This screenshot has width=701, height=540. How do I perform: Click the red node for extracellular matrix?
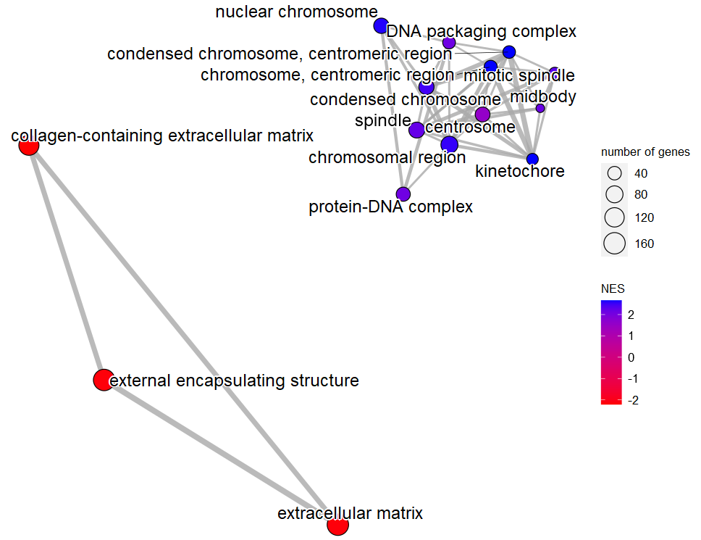coord(337,525)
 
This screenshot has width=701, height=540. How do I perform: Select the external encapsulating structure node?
coord(104,380)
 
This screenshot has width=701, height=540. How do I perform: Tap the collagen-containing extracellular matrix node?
coord(28,146)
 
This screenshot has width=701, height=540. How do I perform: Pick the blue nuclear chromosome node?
coord(381,26)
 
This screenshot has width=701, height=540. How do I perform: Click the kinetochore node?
coord(532,159)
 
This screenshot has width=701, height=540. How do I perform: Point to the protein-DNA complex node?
coord(403,194)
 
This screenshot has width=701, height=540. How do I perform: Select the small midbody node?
coord(540,108)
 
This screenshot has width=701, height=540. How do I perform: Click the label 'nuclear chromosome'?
coord(297,12)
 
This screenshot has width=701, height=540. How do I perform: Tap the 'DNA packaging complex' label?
coord(482,31)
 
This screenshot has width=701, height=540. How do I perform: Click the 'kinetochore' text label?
coord(519,172)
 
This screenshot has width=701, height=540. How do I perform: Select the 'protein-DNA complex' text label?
coord(391,207)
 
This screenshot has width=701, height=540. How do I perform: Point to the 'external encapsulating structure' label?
coord(234,381)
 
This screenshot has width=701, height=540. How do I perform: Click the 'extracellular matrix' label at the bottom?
coord(350,514)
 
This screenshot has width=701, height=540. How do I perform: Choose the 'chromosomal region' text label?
coord(387,157)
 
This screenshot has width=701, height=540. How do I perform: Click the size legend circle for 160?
coord(615,244)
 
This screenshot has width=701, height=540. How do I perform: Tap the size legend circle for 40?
coord(615,174)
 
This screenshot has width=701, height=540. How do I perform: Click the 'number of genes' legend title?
coord(645,152)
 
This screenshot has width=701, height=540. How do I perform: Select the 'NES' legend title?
coord(613,288)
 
